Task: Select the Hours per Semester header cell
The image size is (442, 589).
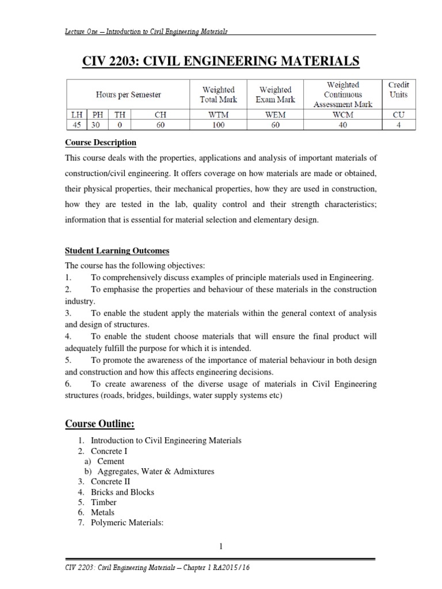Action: (128, 94)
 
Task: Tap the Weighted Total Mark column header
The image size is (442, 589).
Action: (219, 94)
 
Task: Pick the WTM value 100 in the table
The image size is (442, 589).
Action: (219, 124)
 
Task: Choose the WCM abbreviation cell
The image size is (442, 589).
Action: (342, 114)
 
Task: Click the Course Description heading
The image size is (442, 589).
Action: (100, 143)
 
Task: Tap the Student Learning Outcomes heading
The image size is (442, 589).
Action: (117, 251)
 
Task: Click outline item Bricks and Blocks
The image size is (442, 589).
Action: (123, 492)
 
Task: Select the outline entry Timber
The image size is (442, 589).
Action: (104, 502)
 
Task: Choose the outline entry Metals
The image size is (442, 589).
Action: (103, 512)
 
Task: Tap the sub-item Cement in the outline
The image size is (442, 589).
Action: (110, 461)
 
